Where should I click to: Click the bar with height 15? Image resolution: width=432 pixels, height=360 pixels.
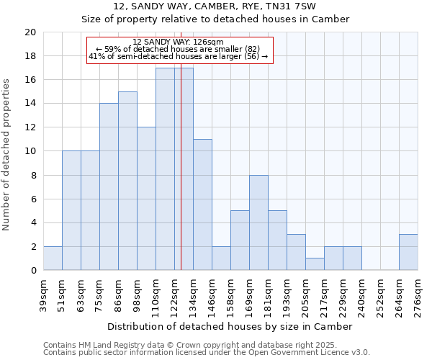(x=127, y=181)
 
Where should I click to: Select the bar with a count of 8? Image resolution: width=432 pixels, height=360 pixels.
(x=258, y=222)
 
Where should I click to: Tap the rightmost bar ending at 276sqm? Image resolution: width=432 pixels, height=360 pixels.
(x=408, y=252)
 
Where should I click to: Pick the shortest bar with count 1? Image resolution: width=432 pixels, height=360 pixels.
(x=315, y=264)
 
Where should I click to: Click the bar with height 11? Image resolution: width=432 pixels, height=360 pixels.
(x=202, y=204)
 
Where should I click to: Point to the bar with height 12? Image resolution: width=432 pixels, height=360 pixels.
(x=146, y=199)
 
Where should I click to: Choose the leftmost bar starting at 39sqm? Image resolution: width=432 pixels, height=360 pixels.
(x=53, y=258)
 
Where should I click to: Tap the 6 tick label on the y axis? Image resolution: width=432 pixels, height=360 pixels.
(x=33, y=199)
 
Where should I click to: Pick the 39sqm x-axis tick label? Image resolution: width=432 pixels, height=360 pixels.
(x=43, y=294)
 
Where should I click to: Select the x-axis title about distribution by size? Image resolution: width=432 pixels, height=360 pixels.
(x=230, y=327)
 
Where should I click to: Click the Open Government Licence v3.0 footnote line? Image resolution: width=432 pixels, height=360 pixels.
(x=206, y=353)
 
